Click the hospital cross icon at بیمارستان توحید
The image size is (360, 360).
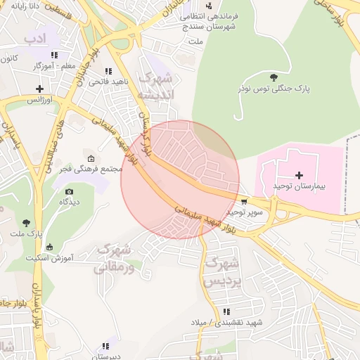tap(299, 174)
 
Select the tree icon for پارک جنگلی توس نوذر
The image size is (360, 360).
tap(274, 77)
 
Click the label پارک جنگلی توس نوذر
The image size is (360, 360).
tap(272, 89)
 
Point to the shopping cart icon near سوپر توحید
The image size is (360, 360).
tap(243, 200)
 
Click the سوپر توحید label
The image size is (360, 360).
tap(244, 211)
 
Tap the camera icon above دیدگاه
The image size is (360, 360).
tap(68, 191)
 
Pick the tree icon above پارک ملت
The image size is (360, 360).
tap(27, 223)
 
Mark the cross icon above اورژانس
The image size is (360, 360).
tap(39, 89)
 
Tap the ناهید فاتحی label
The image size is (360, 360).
tap(108, 82)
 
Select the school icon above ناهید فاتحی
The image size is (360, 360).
tap(108, 71)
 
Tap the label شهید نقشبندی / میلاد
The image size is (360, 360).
tap(226, 322)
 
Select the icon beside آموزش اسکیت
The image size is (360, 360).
tap(49, 247)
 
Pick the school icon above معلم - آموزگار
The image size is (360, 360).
tap(54, 55)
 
